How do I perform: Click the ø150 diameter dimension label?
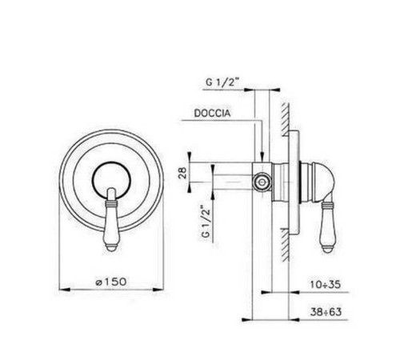click(x=111, y=282)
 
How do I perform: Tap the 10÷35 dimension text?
click(x=326, y=285)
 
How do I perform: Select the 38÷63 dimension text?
click(x=326, y=312)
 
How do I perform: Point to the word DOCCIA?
click(x=212, y=113)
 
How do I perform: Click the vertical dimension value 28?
click(x=182, y=173)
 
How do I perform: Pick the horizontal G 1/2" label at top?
click(x=222, y=82)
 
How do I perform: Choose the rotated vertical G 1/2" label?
click(x=206, y=221)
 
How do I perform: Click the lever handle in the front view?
click(x=112, y=219)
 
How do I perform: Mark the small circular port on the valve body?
click(x=262, y=182)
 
